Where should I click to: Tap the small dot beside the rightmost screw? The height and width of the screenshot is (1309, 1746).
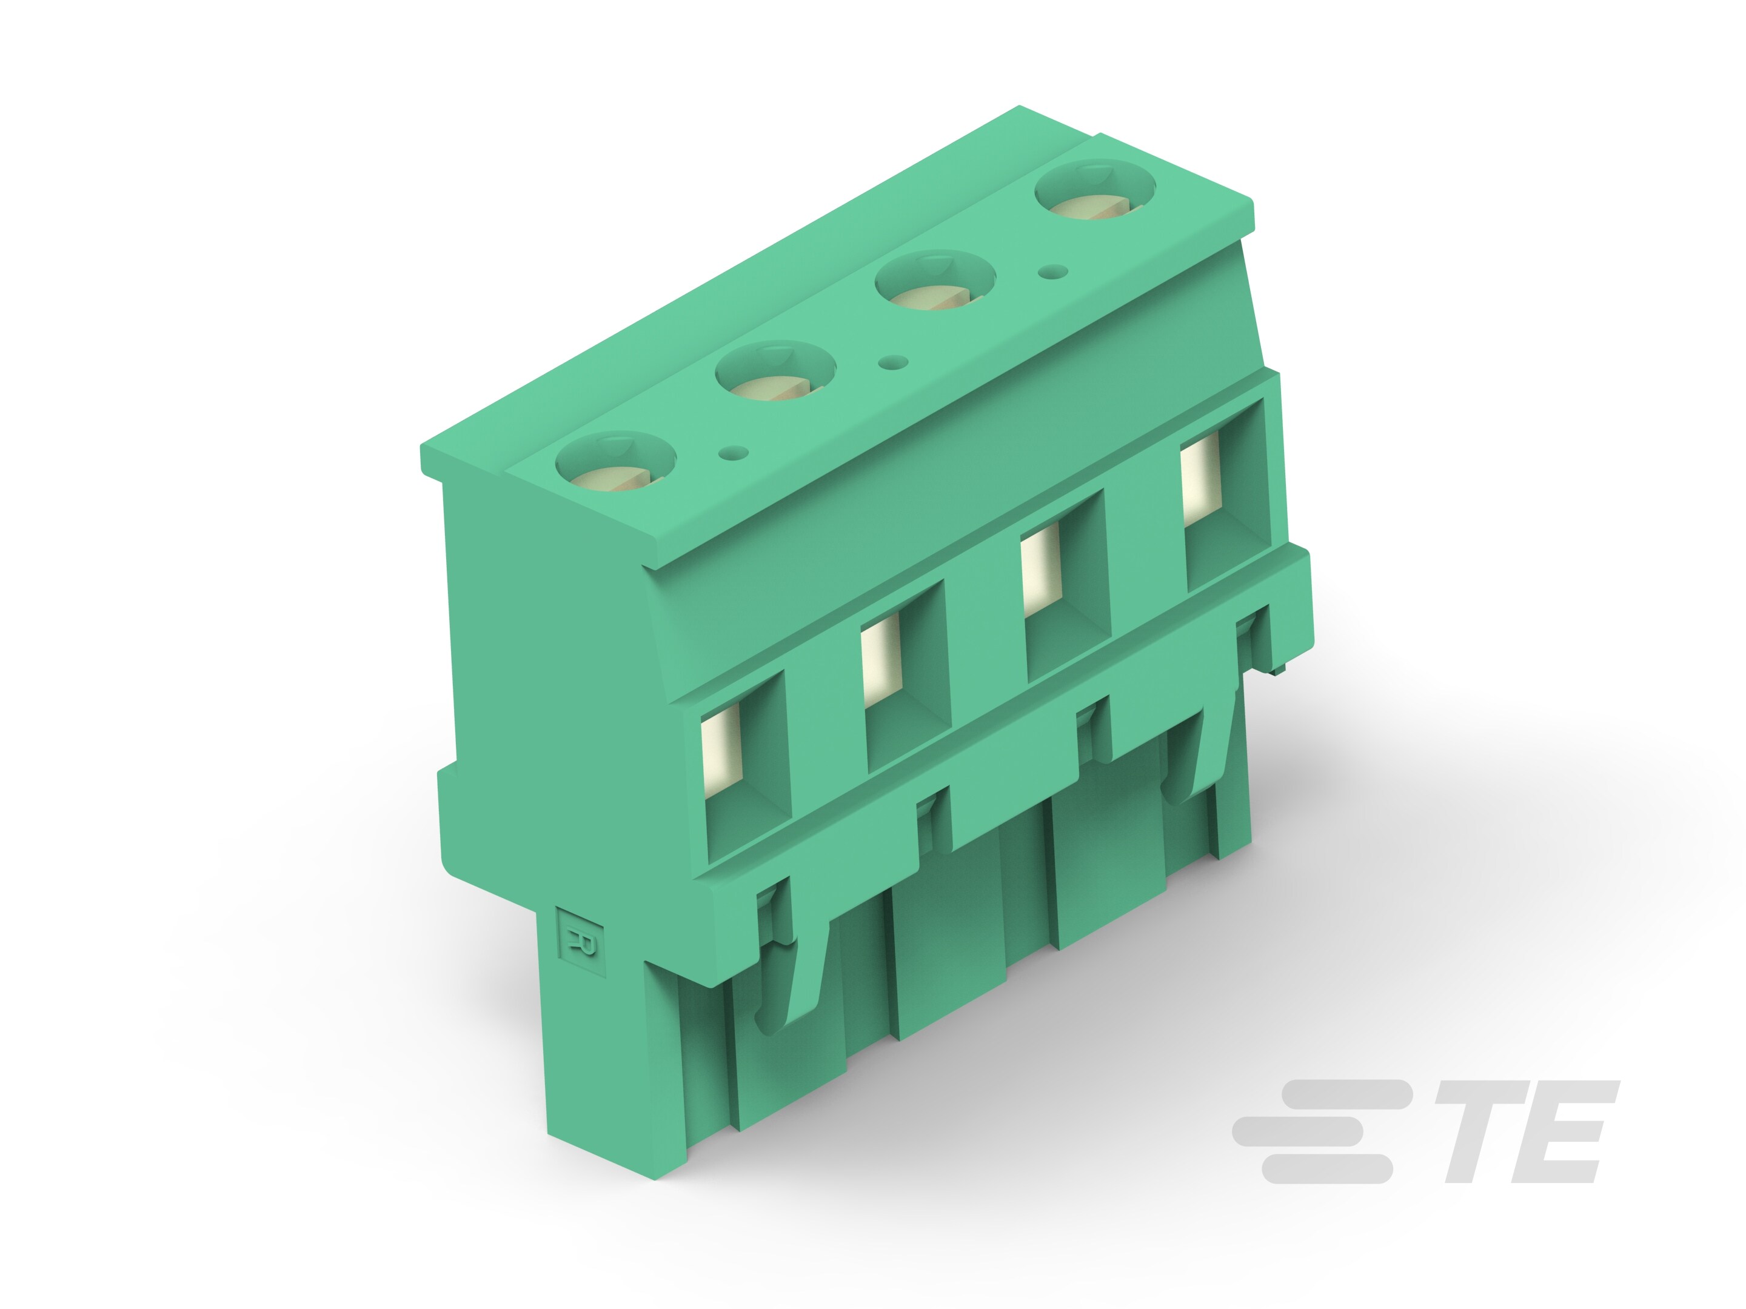click(1054, 272)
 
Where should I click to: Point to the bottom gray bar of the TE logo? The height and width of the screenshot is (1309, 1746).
click(1326, 1168)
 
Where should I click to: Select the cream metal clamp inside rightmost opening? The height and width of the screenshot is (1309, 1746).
click(1200, 481)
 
